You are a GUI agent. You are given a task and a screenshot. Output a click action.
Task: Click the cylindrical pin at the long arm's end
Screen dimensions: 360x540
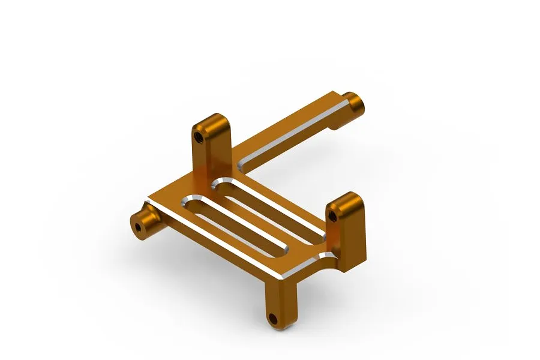click(x=356, y=104)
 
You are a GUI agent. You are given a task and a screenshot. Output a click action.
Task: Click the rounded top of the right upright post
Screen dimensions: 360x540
click(x=347, y=198)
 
